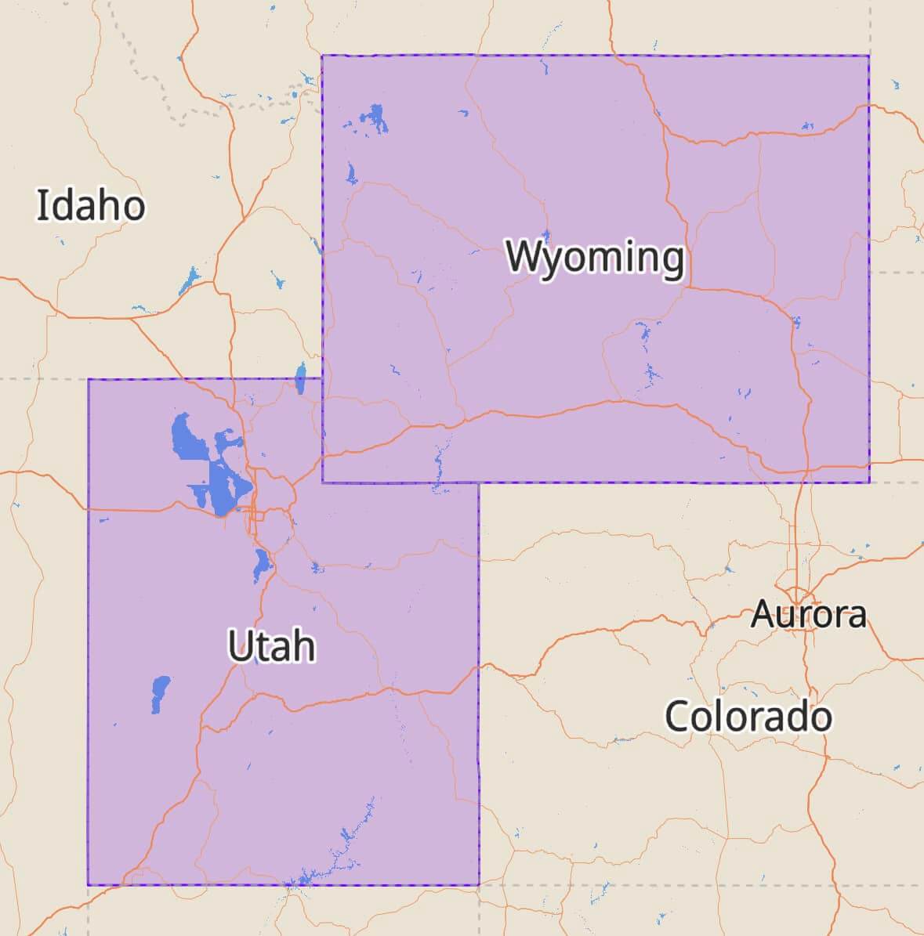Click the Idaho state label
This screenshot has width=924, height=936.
[x=91, y=205]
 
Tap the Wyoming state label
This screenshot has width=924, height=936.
[x=595, y=257]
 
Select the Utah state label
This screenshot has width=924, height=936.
[x=271, y=646]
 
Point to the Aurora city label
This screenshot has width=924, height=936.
[x=809, y=613]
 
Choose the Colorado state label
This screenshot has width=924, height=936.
[x=748, y=716]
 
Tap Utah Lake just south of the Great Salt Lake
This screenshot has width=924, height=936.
[x=261, y=564]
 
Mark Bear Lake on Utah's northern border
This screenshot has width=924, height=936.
[x=300, y=378]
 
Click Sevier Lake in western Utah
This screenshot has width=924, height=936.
[x=160, y=692]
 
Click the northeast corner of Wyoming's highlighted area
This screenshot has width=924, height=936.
[x=868, y=56]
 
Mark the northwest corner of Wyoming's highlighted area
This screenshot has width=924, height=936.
[x=323, y=56]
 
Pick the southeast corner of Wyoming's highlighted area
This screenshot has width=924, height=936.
[x=868, y=482]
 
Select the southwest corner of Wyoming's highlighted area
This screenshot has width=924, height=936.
[x=323, y=482]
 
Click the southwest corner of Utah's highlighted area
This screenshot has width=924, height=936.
[x=89, y=885]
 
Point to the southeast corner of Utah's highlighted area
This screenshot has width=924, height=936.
[x=479, y=885]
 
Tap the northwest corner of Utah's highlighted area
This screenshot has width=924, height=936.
[x=89, y=379]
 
